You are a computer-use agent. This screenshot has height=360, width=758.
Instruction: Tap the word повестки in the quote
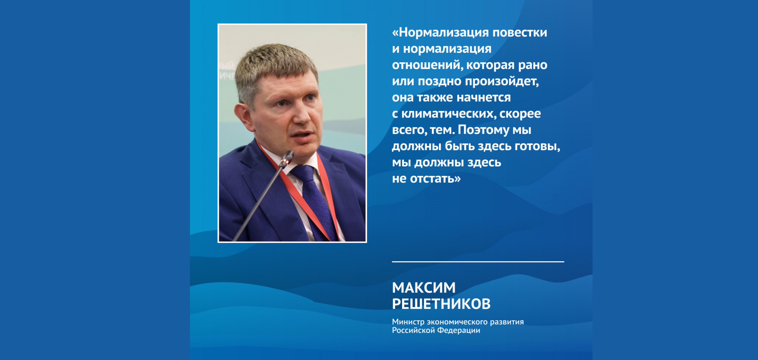[520, 32]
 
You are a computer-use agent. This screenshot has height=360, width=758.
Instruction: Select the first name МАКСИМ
[424, 288]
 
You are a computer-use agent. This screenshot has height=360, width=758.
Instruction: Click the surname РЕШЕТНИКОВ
[441, 304]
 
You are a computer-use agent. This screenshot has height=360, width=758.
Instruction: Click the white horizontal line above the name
[478, 261]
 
